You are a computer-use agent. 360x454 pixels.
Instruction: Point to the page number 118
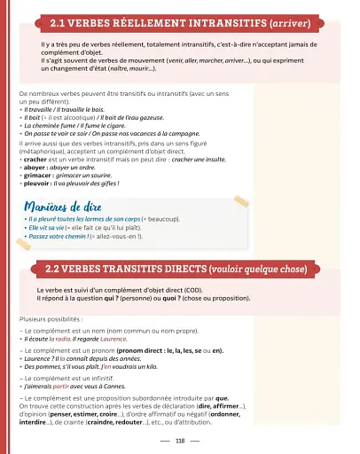click(180, 440)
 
